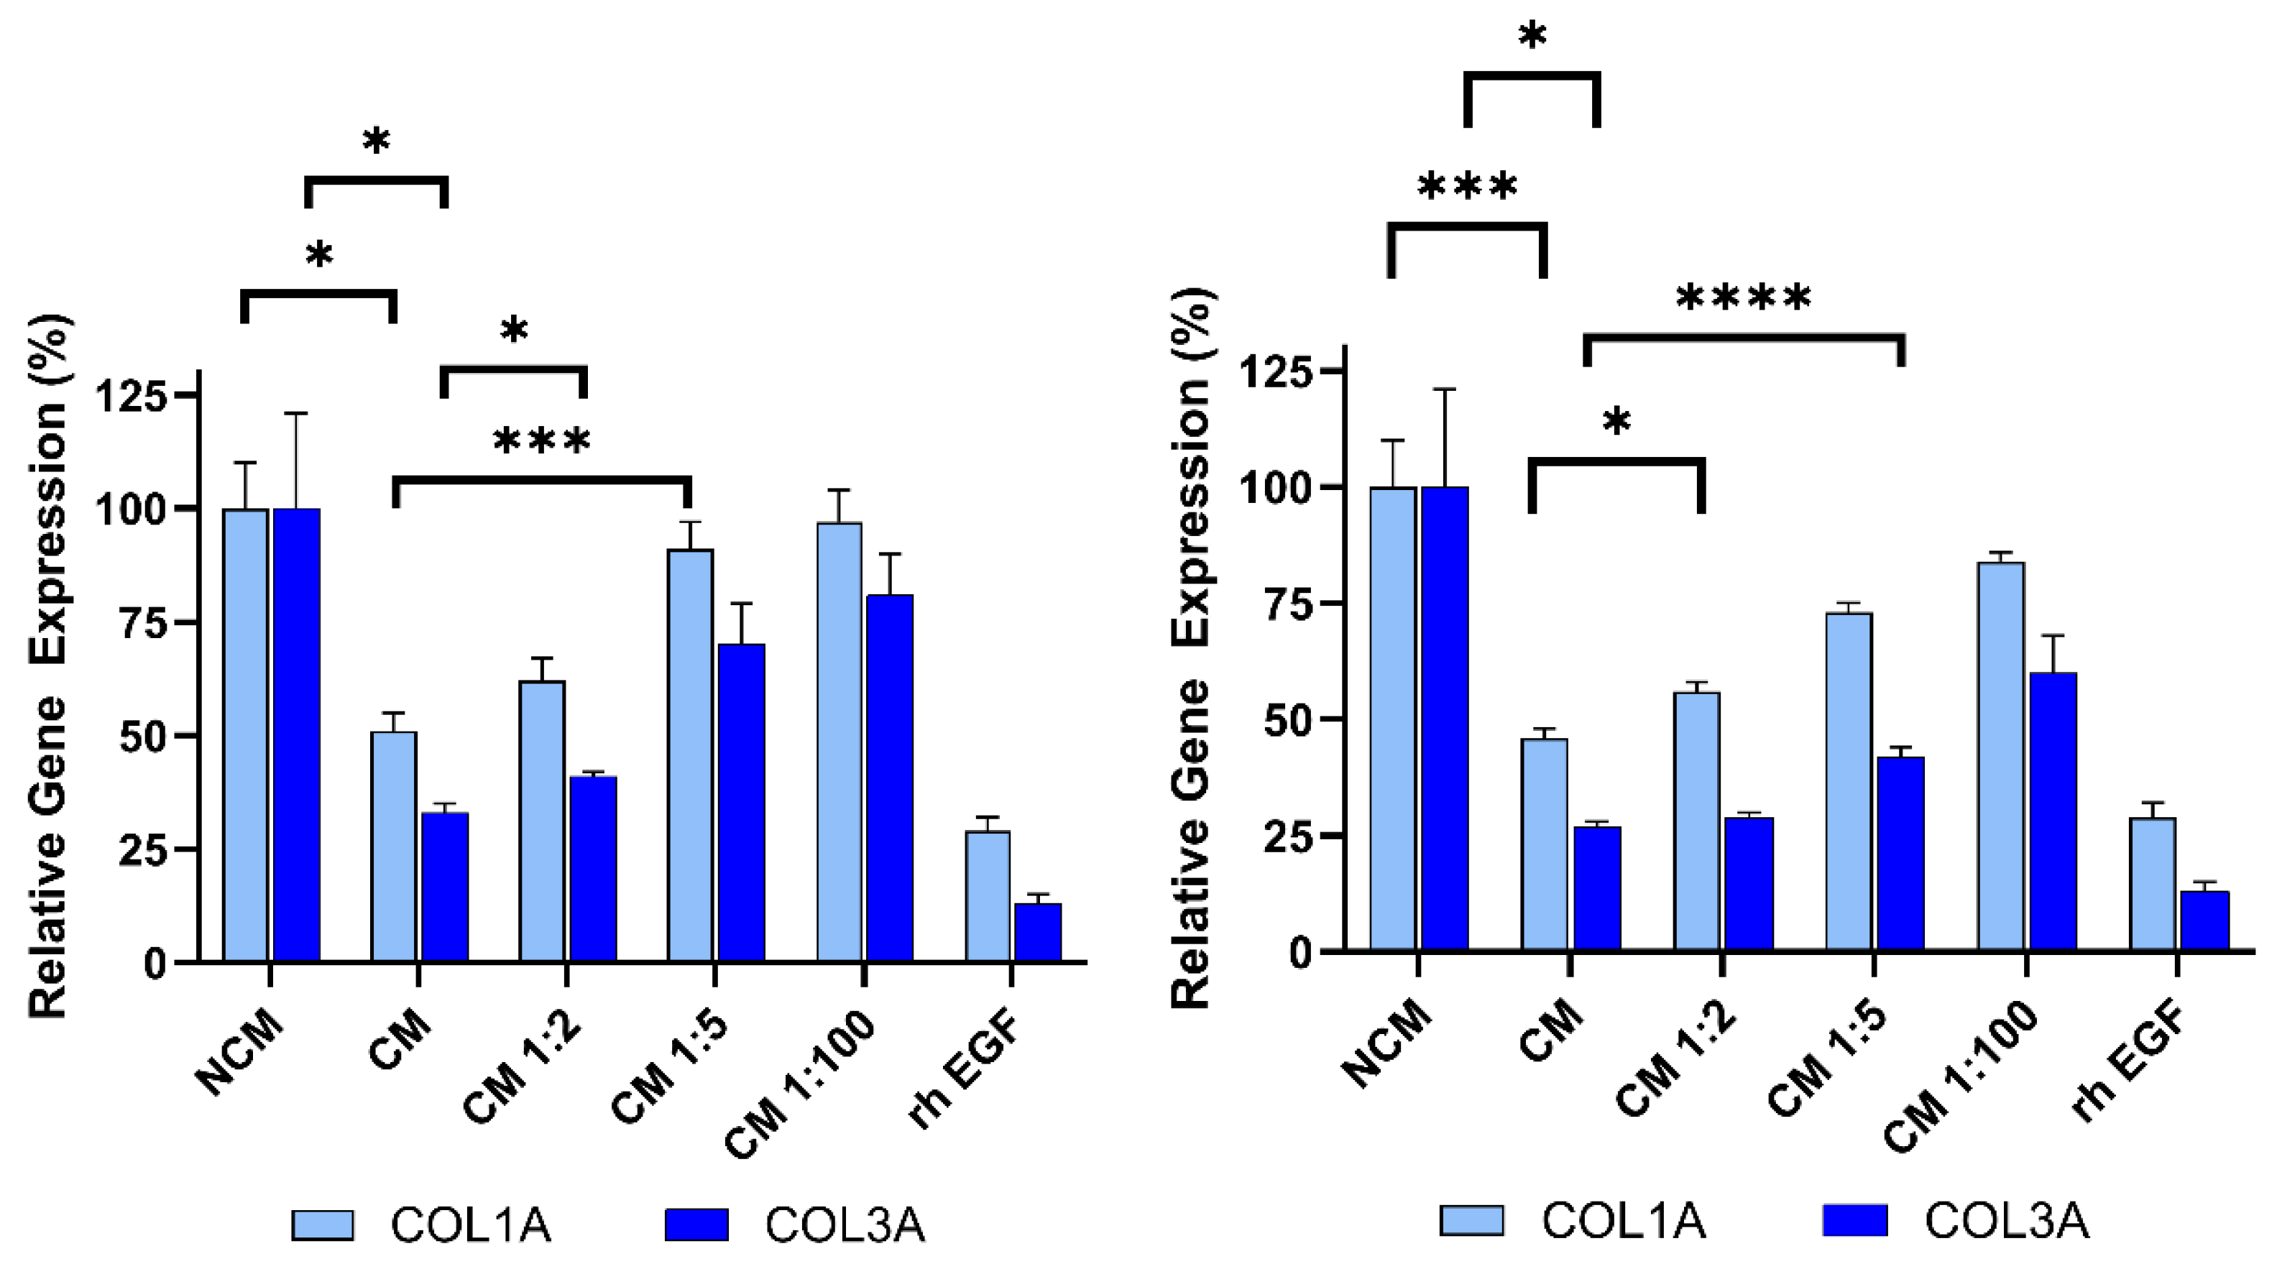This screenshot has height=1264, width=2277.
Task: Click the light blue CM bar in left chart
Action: (x=393, y=846)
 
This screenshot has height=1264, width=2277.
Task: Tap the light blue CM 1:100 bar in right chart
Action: (x=2000, y=756)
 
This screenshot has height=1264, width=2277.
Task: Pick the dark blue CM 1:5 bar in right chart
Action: (x=1900, y=853)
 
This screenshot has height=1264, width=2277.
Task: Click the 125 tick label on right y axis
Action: (x=1278, y=372)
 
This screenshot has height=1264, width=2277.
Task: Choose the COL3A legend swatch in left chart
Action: (x=696, y=1225)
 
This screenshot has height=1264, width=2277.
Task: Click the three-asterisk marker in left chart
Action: (x=541, y=441)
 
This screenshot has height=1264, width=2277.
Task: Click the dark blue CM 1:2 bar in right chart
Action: (x=1749, y=884)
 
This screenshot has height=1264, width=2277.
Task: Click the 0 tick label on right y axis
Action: (x=1300, y=953)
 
